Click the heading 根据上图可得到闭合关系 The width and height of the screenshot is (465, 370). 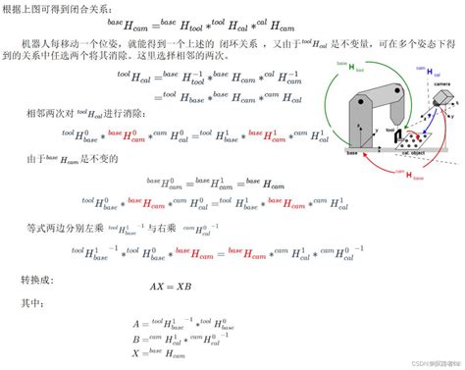pyautogui.click(x=60, y=10)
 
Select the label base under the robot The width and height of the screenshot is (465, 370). pyautogui.click(x=351, y=153)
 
